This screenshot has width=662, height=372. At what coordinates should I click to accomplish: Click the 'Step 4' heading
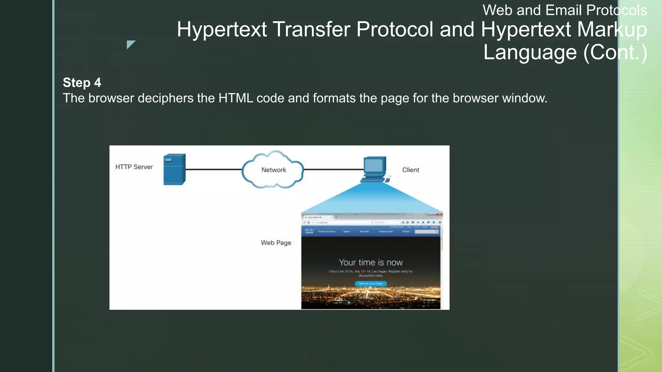tap(82, 83)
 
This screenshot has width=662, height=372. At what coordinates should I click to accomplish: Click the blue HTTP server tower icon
tap(174, 170)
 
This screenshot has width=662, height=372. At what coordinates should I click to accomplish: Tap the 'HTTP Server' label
tap(134, 167)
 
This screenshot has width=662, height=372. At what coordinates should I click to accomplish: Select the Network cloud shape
tap(273, 170)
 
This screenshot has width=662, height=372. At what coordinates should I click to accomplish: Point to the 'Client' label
tap(411, 170)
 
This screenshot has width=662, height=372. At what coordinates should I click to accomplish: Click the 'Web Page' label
tap(276, 243)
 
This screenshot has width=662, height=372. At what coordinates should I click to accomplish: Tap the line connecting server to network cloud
tap(213, 169)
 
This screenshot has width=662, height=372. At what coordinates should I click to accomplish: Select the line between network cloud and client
tap(333, 169)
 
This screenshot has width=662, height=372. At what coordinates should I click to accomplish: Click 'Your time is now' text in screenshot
tap(371, 262)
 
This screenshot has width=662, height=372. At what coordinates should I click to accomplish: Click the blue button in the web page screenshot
tap(371, 284)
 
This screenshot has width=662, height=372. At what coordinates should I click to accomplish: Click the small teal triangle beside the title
tap(130, 44)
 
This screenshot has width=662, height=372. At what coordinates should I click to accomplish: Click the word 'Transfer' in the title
tap(312, 29)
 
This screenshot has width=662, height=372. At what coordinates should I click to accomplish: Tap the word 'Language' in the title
tap(530, 52)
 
